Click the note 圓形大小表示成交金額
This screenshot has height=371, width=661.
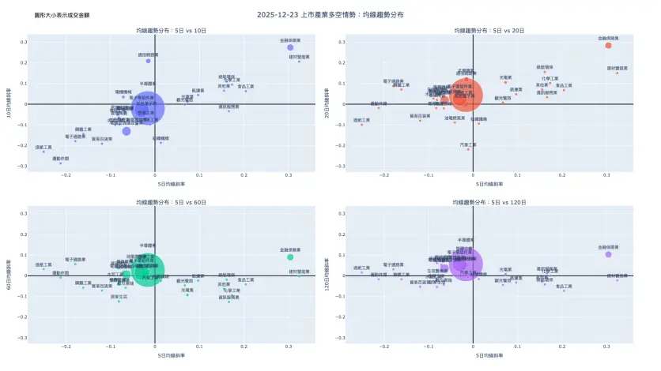tap(57, 15)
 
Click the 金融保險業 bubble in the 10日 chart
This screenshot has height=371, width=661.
tap(290, 47)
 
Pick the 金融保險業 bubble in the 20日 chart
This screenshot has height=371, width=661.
tap(608, 45)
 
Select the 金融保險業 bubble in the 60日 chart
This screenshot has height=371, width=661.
tap(290, 257)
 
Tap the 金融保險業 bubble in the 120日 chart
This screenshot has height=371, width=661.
tap(608, 254)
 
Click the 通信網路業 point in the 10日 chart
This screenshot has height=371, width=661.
tap(148, 61)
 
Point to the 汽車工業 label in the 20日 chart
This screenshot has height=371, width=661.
tap(468, 144)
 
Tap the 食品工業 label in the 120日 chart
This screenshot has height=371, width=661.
tap(564, 287)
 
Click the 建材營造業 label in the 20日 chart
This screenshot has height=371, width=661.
tap(618, 68)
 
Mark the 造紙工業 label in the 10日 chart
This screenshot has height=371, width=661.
tap(44, 147)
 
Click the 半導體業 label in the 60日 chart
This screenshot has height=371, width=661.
tap(148, 245)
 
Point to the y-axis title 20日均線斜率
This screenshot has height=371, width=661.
tap(327, 103)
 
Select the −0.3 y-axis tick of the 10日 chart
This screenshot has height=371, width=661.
tap(23, 166)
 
